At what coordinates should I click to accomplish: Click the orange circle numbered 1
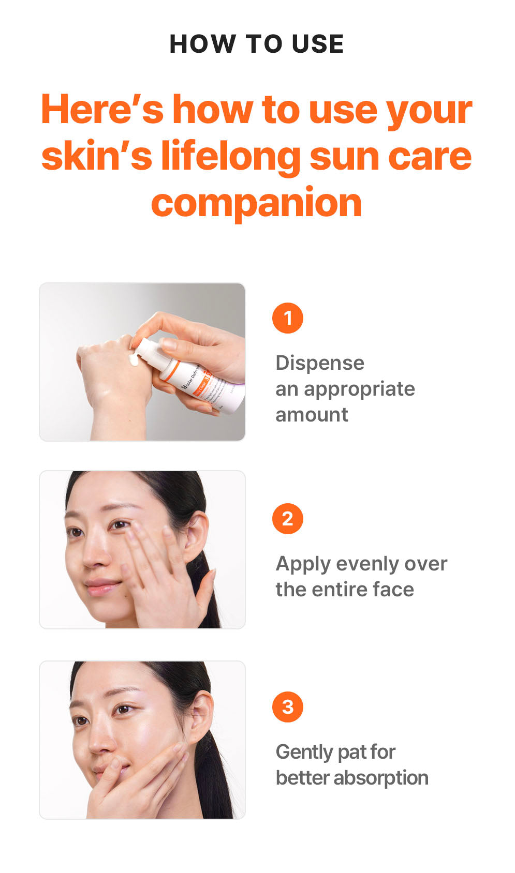click(x=287, y=318)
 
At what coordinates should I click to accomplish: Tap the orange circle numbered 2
click(x=287, y=519)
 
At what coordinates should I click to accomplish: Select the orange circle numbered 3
click(x=287, y=707)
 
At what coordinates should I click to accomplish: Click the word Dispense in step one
click(x=319, y=363)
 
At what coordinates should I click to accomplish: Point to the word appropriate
click(x=359, y=389)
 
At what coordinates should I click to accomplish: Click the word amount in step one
click(x=312, y=415)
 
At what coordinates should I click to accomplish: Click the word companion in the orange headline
click(x=256, y=203)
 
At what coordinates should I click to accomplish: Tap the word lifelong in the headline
click(x=230, y=156)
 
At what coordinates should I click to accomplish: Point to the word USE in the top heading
click(x=317, y=44)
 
